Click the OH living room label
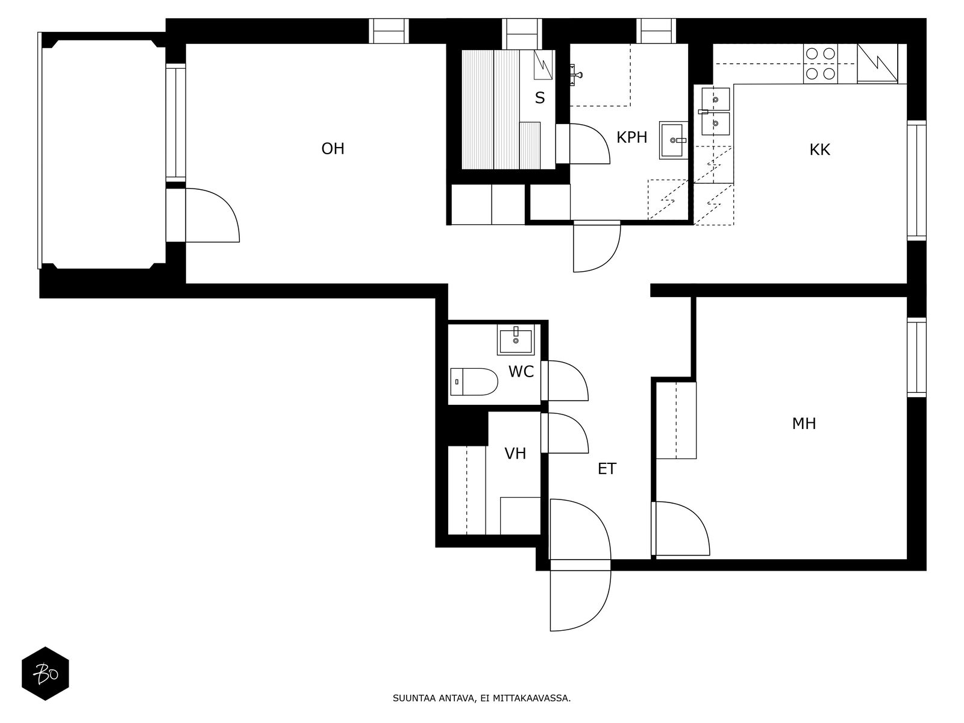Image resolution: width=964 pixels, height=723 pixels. click(333, 149)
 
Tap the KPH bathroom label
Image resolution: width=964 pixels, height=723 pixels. click(631, 137)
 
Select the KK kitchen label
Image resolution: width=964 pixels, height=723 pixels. click(819, 149)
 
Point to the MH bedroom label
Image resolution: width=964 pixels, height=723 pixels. click(804, 424)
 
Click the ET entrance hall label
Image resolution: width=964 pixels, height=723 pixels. click(607, 469)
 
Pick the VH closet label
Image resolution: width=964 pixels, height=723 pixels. click(515, 454)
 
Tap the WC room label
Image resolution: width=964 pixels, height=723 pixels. click(521, 371)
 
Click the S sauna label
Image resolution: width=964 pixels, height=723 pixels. click(540, 98)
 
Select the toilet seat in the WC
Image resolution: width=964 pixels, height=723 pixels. click(474, 381)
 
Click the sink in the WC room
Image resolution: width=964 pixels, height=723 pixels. click(516, 340)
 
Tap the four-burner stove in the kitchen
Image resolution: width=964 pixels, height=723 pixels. click(821, 64)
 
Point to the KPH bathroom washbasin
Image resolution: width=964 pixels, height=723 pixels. click(673, 140)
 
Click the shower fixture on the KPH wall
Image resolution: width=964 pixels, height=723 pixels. click(575, 75)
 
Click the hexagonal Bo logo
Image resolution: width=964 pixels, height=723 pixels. click(45, 674)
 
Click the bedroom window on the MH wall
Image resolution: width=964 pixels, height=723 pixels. click(916, 357)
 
